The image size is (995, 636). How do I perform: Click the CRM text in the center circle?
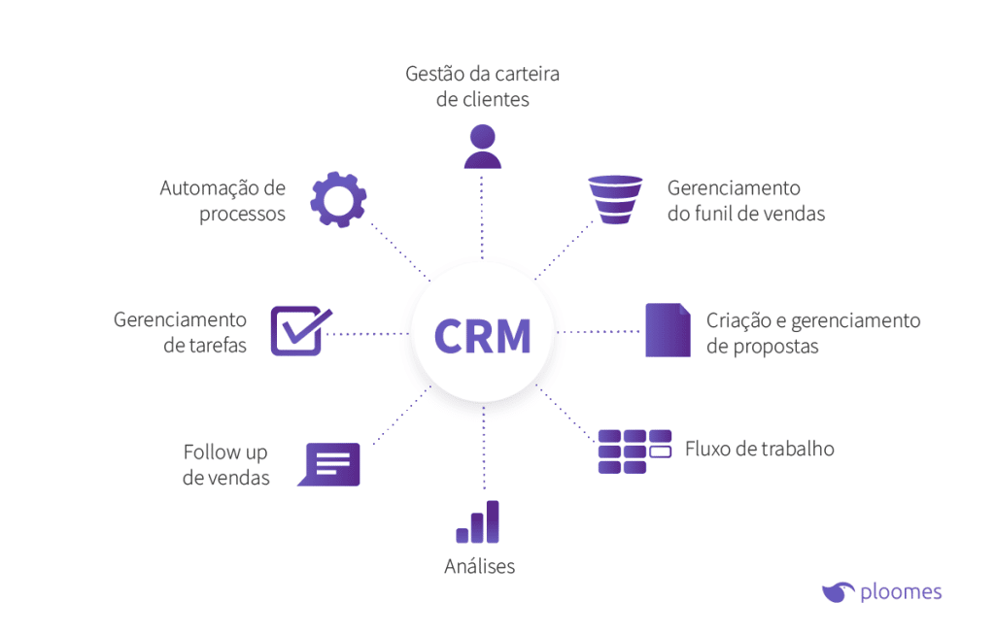coord(482,335)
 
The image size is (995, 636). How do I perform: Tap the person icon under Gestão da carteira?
coord(482,147)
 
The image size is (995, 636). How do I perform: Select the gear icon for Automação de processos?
coord(338,199)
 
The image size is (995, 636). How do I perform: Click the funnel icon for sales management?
coord(615,199)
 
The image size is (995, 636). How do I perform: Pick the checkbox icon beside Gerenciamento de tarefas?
coord(300,331)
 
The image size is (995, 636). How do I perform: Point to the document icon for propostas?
coord(668,330)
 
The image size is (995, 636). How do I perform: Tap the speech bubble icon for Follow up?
coord(329,464)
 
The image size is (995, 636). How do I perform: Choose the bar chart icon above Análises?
coord(478,522)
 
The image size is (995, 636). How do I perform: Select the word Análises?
coord(479,566)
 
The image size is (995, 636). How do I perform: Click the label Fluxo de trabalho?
coord(759,449)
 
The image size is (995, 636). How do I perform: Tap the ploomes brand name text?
coord(901,591)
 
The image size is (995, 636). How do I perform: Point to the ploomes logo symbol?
coord(837,590)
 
